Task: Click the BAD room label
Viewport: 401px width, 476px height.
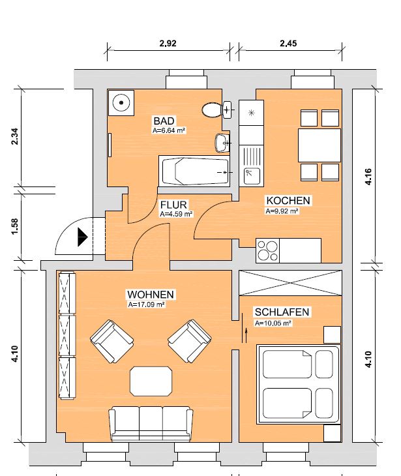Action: [164, 121]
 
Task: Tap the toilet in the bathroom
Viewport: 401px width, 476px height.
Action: [213, 110]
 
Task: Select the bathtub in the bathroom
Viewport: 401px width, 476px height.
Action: [194, 171]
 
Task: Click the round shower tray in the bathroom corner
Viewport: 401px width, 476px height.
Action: [121, 102]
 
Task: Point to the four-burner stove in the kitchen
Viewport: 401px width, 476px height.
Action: [267, 250]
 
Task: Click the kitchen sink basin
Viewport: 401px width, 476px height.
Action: [252, 176]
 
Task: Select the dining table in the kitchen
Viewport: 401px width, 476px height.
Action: [319, 145]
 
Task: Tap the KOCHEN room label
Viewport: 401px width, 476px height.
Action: [288, 201]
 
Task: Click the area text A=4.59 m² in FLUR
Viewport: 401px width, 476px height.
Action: [176, 214]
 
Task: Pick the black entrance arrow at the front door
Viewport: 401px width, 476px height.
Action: [83, 237]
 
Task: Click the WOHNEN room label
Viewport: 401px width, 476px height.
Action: [151, 295]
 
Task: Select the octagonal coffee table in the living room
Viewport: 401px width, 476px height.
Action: [151, 381]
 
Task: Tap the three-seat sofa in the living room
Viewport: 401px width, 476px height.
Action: [151, 424]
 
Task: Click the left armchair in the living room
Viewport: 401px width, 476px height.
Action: [111, 341]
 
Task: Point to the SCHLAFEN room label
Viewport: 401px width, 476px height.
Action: [282, 312]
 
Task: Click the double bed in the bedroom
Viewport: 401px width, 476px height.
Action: [298, 384]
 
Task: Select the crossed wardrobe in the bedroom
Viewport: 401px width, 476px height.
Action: [290, 283]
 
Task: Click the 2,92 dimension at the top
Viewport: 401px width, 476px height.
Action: [168, 44]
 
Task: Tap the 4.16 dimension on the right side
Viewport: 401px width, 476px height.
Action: [368, 176]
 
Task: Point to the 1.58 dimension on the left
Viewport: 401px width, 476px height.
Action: [14, 226]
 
